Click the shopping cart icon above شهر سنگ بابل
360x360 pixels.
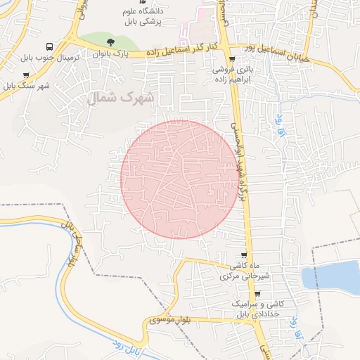coord(26,75)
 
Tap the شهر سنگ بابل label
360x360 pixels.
coord(26,86)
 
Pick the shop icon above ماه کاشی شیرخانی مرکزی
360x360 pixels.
coord(244,255)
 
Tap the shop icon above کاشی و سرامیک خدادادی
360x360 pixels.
coord(257,294)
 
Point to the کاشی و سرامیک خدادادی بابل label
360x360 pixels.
coord(257,309)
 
